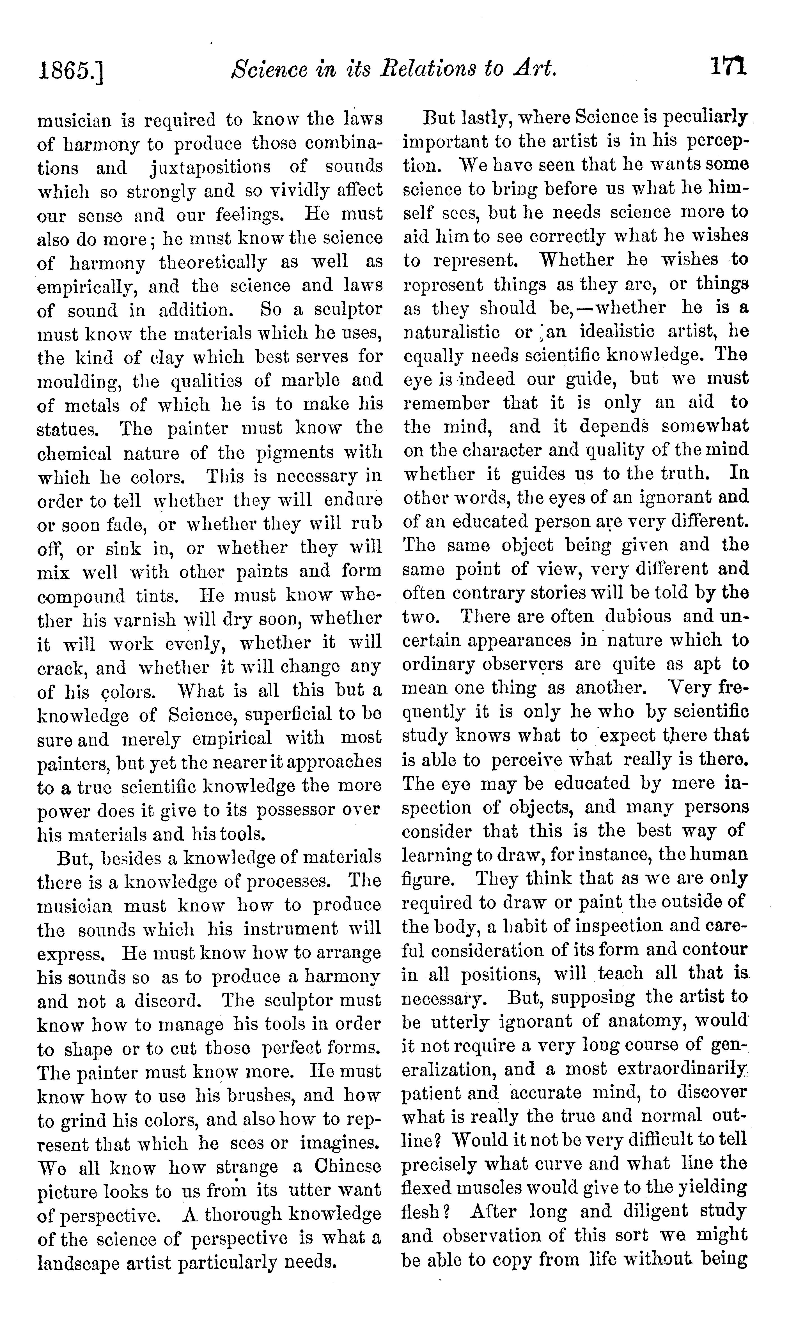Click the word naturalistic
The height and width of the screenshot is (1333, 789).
pyautogui.click(x=451, y=332)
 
